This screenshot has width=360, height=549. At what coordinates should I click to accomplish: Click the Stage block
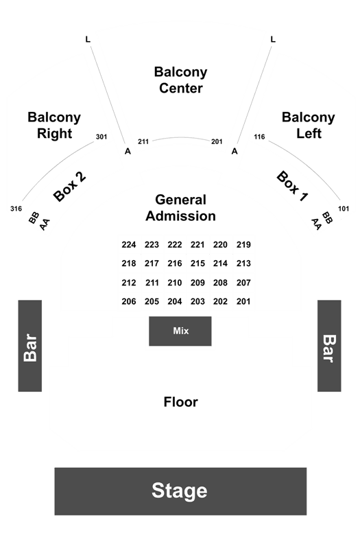click(180, 491)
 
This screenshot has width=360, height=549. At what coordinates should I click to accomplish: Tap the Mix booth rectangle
click(180, 331)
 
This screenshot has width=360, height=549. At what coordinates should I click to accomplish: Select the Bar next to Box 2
click(30, 346)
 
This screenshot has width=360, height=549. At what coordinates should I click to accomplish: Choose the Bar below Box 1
click(329, 346)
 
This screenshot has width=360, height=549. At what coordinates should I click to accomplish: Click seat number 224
click(129, 245)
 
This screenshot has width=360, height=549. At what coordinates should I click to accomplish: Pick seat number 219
click(243, 245)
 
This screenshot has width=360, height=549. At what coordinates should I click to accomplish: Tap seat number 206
click(129, 301)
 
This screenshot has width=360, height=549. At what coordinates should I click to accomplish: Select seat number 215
click(197, 264)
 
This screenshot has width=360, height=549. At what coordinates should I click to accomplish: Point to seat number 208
click(220, 283)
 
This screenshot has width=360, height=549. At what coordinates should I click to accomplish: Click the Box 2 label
click(69, 187)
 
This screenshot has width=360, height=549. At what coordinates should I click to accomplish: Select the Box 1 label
click(293, 186)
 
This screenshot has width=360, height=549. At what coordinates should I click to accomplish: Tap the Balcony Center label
click(181, 80)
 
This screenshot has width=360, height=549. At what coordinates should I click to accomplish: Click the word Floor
click(181, 402)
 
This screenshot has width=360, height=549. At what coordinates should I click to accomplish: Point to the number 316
click(16, 209)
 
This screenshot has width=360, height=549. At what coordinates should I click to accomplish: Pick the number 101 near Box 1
click(344, 209)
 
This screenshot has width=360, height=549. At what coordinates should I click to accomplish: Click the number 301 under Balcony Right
click(101, 137)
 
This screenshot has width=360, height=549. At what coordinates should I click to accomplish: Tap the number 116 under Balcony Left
click(259, 137)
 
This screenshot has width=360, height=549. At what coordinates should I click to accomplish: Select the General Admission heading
click(180, 208)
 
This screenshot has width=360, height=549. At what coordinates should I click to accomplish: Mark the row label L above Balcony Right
click(88, 39)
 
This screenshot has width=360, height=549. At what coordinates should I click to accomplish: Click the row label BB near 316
click(34, 218)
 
